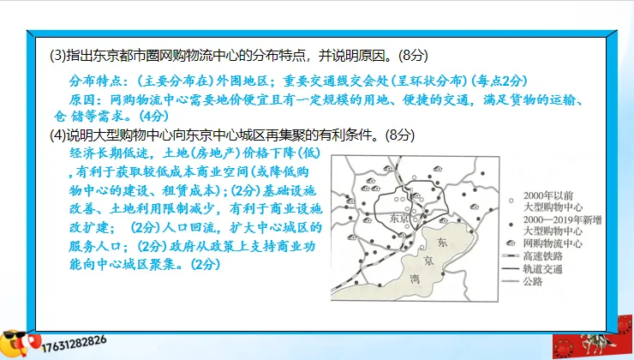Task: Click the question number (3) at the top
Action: (58, 56)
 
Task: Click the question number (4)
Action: (58, 135)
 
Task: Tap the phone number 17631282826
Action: (77, 340)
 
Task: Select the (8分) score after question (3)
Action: (409, 56)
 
